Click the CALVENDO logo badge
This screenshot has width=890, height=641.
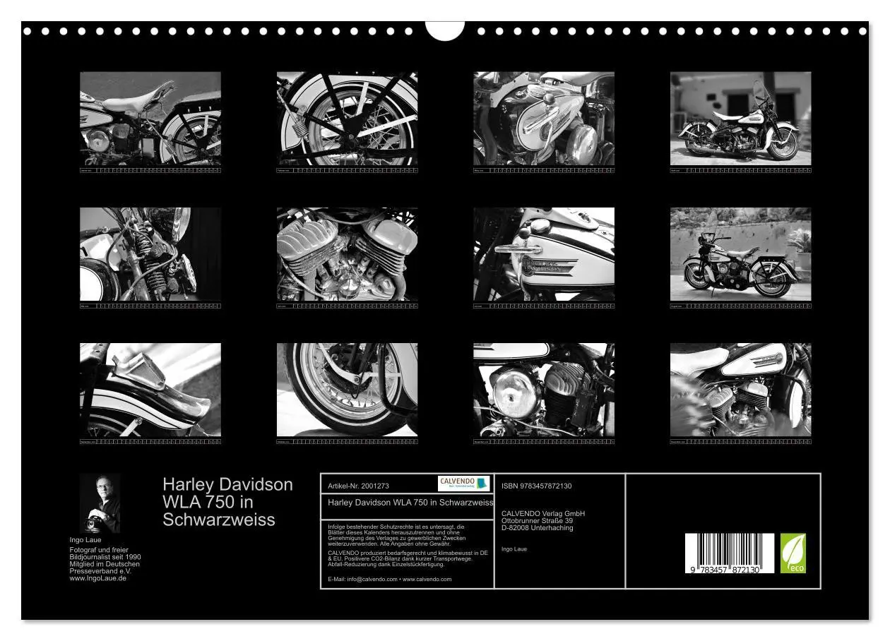tap(463, 484)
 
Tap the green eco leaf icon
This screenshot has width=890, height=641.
tap(793, 553)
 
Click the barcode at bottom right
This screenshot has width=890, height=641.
tap(729, 553)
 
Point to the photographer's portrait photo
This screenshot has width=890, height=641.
tap(100, 503)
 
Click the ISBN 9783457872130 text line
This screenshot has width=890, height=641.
tap(536, 486)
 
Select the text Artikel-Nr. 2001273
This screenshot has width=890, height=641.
tap(359, 486)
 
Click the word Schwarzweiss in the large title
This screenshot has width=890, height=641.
tap(218, 520)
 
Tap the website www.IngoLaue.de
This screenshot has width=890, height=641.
tap(98, 578)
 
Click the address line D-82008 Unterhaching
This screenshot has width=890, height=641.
tap(537, 528)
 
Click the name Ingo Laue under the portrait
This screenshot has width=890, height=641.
tap(85, 540)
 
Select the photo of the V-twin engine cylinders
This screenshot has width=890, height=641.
tap(347, 254)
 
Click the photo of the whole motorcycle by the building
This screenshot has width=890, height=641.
tap(740, 118)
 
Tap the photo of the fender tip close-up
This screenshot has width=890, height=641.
tap(150, 390)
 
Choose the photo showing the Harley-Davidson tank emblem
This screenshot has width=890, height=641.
tap(543, 254)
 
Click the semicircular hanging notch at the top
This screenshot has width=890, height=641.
tap(445, 30)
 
